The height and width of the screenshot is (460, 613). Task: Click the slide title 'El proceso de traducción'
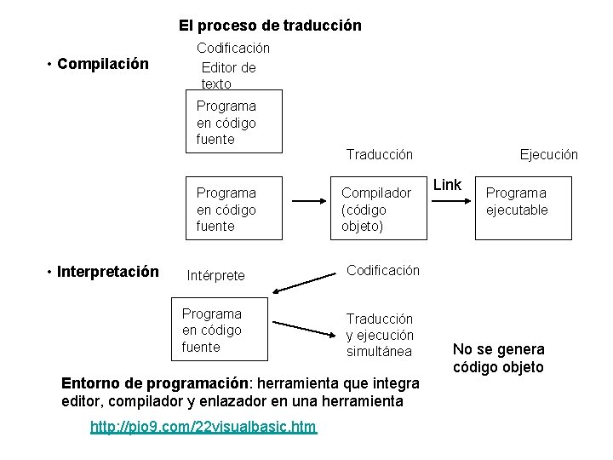point(270,26)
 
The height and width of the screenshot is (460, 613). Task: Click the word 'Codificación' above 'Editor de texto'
point(233,49)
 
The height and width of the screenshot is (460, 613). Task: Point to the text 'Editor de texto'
point(228,75)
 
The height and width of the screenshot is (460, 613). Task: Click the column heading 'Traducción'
point(379,154)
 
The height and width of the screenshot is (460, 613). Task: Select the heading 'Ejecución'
point(549,154)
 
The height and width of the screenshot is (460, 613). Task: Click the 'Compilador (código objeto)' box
point(375,210)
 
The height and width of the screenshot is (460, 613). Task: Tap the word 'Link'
point(448,185)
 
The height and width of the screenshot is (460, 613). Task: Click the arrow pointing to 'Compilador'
point(312,203)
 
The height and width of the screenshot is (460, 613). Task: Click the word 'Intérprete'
point(215,275)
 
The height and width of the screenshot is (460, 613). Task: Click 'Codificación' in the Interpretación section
point(382,270)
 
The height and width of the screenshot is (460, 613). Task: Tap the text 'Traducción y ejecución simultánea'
point(379,335)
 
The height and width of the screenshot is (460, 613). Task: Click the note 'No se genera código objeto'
point(498,358)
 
